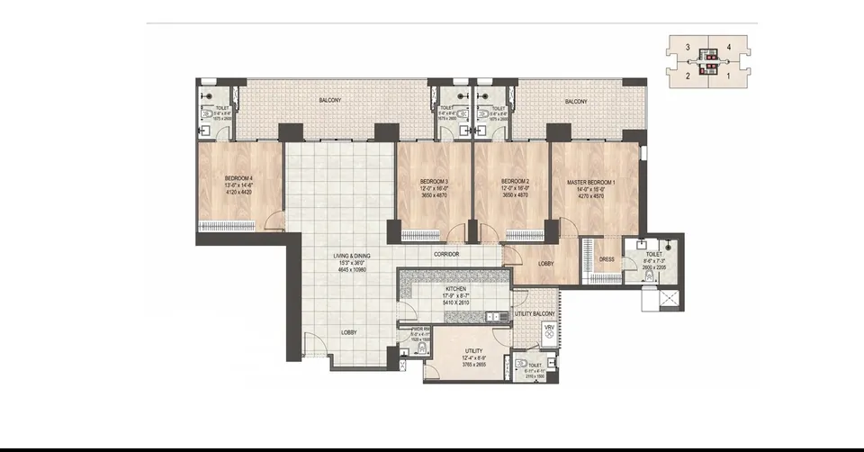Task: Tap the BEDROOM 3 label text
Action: pos(434,181)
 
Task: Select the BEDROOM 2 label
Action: pos(515,181)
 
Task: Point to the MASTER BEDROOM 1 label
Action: pos(591,181)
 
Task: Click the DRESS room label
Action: pos(607,259)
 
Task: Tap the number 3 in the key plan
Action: pos(687,46)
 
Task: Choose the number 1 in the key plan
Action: pos(727,77)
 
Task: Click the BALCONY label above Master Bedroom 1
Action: pos(576,102)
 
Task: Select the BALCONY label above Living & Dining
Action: pos(329,101)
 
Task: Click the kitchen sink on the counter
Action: pos(492,316)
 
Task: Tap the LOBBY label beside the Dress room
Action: pos(546,264)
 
